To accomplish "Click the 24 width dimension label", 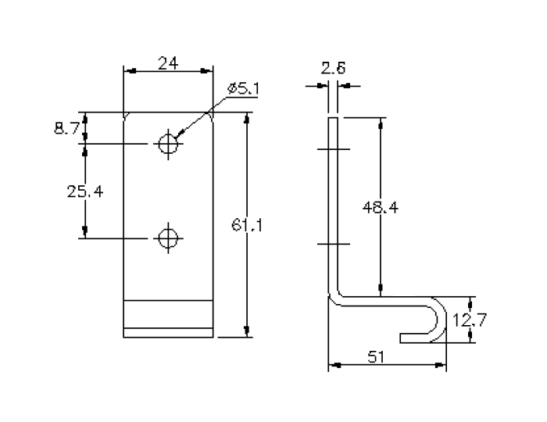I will (169, 63).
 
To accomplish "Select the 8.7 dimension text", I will (66, 128).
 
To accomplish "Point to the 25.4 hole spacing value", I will (85, 191).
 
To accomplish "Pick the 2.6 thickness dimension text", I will (334, 69).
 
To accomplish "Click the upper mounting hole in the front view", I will (167, 144).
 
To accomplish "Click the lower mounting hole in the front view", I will (167, 237).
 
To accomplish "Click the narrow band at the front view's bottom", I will (169, 331).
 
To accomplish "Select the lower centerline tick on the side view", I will (334, 244).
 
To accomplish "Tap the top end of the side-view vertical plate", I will (334, 119).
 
